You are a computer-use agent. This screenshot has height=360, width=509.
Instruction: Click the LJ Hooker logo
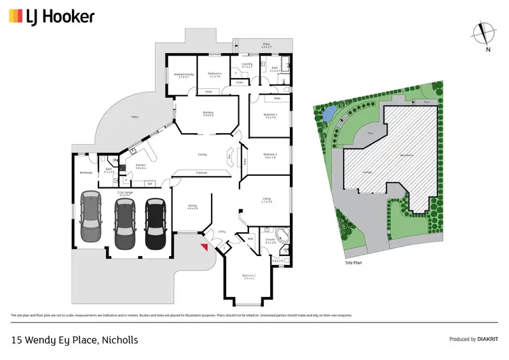52,16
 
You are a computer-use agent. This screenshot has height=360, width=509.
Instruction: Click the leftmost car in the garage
91,217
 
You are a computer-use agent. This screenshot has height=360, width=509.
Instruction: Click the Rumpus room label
208,114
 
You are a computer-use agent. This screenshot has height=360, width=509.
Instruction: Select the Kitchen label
140,166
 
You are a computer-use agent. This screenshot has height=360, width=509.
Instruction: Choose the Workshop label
86,173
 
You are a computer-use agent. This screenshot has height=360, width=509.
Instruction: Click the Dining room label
193,207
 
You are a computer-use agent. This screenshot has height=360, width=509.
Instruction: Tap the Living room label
267,200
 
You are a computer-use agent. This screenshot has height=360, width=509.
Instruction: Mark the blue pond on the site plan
327,113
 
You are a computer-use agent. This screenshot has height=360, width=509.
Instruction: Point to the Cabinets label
202,173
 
